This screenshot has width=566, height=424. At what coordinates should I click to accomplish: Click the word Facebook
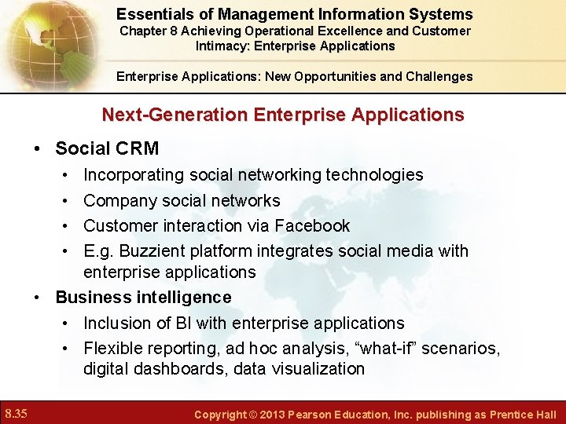[x=312, y=225]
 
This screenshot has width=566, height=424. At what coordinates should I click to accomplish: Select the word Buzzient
[x=156, y=251]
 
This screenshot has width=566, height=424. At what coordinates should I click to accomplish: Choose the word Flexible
[x=113, y=348]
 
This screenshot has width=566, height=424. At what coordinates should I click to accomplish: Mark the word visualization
[x=319, y=368]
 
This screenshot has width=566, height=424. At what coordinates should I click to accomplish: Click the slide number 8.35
[x=17, y=413]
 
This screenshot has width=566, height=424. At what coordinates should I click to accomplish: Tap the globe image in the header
[x=43, y=39]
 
